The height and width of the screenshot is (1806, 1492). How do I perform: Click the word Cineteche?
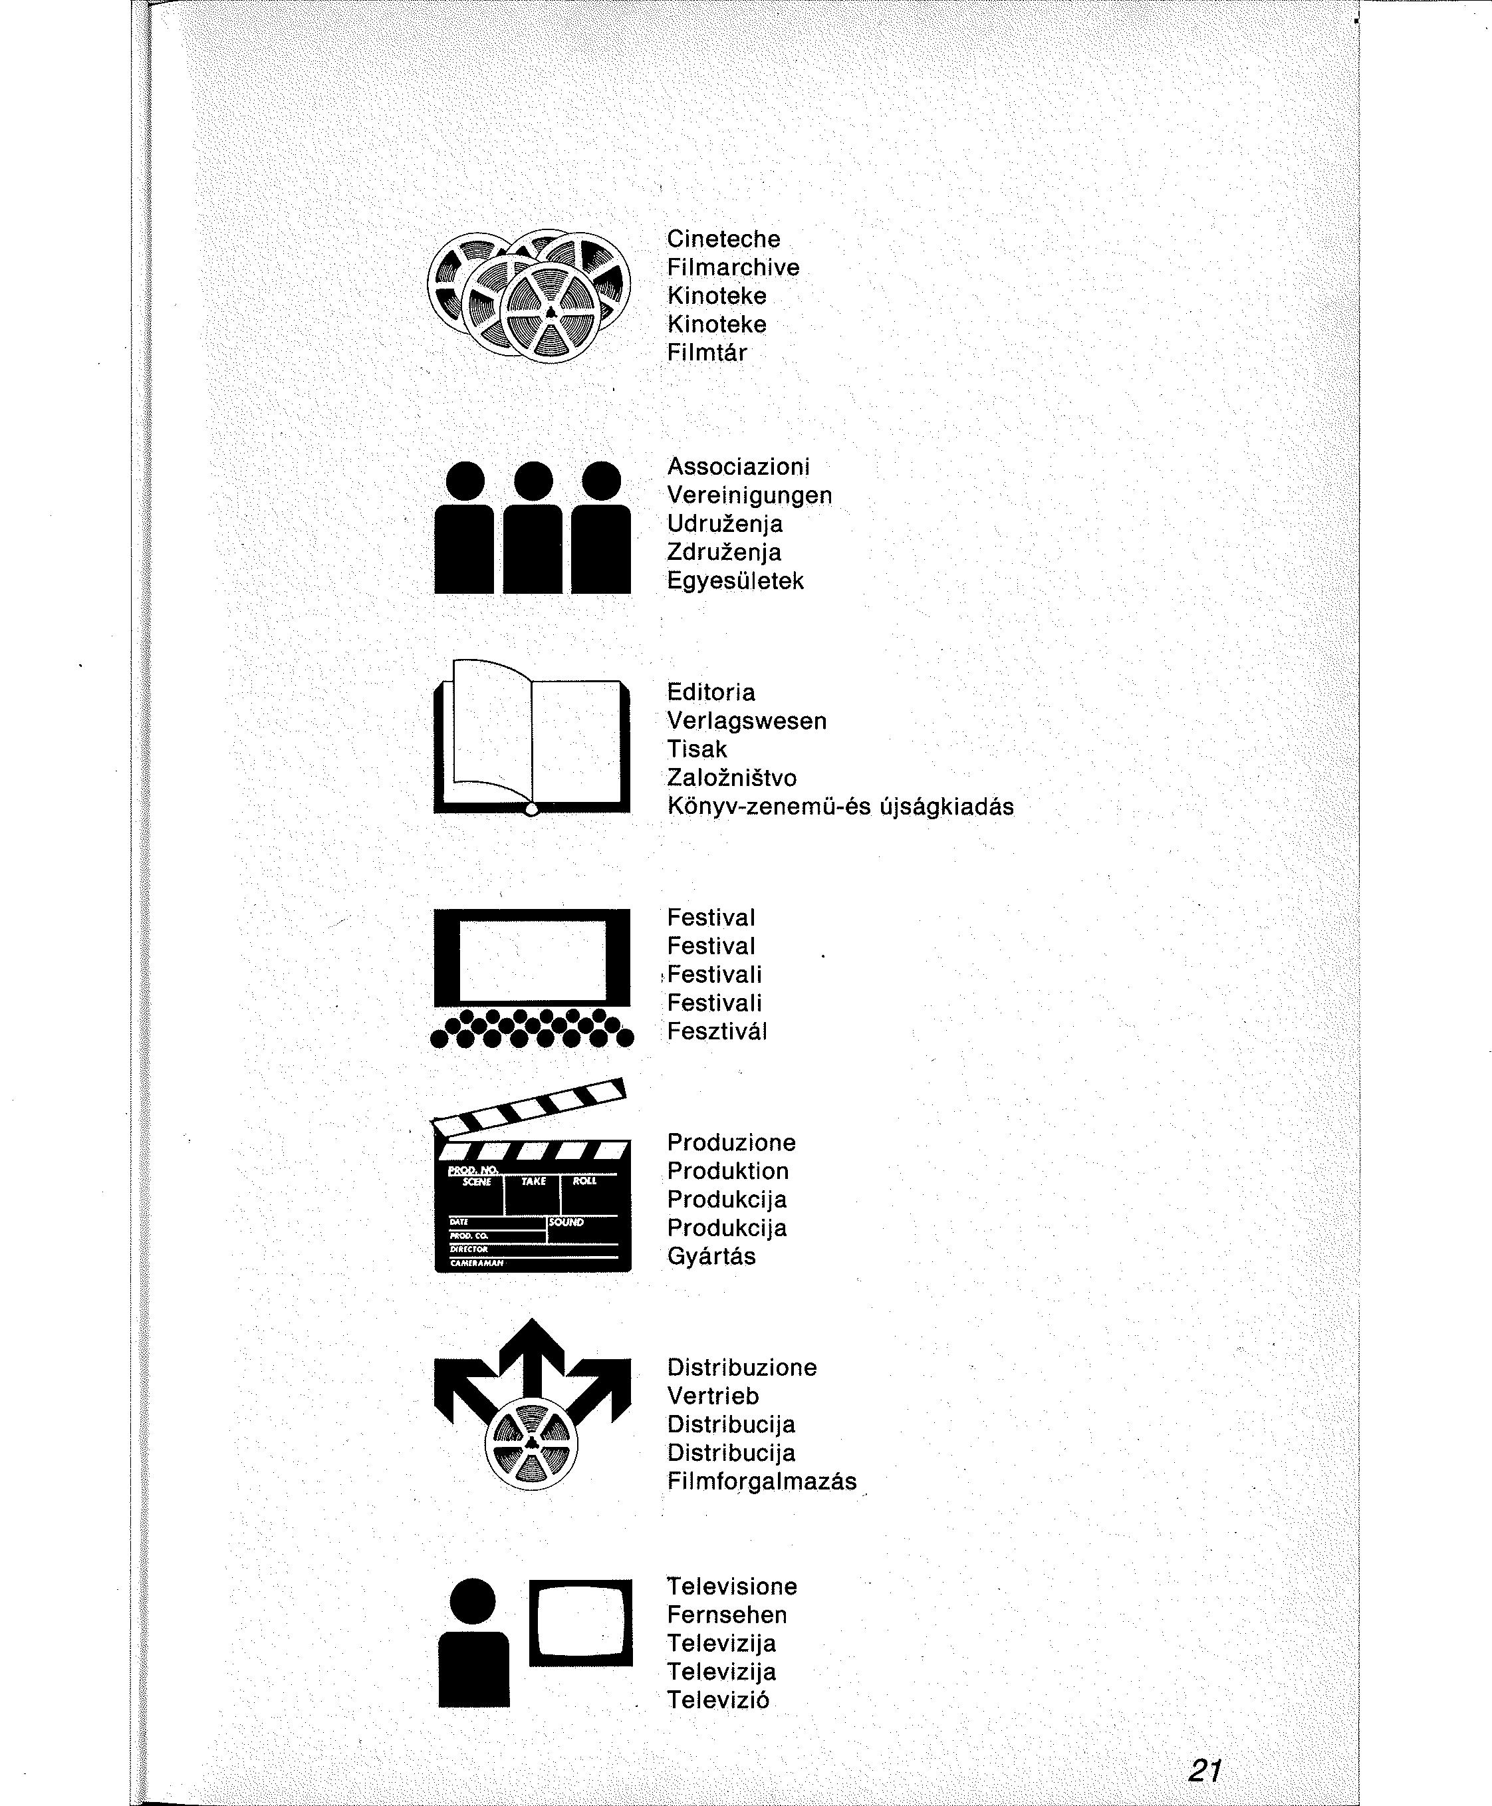click(723, 239)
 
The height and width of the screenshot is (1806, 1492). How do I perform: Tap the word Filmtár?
click(707, 352)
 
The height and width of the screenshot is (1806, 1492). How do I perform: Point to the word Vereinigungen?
click(749, 495)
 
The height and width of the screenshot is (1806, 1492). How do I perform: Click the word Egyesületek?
click(735, 581)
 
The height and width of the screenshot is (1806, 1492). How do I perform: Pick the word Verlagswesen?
click(746, 721)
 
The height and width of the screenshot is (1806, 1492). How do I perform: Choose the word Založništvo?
click(731, 778)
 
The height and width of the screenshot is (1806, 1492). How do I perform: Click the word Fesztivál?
click(717, 1031)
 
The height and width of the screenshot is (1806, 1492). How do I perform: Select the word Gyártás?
click(711, 1257)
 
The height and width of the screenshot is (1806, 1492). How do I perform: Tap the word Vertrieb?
click(713, 1396)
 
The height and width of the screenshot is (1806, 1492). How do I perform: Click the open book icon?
click(532, 740)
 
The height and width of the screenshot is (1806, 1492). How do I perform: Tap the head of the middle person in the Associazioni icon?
click(533, 481)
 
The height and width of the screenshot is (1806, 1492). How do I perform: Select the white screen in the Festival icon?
click(533, 958)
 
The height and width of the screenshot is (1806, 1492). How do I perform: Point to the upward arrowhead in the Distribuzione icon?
click(533, 1342)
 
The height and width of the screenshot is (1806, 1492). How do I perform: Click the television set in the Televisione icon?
click(580, 1622)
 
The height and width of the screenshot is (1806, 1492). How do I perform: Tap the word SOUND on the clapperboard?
click(566, 1222)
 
